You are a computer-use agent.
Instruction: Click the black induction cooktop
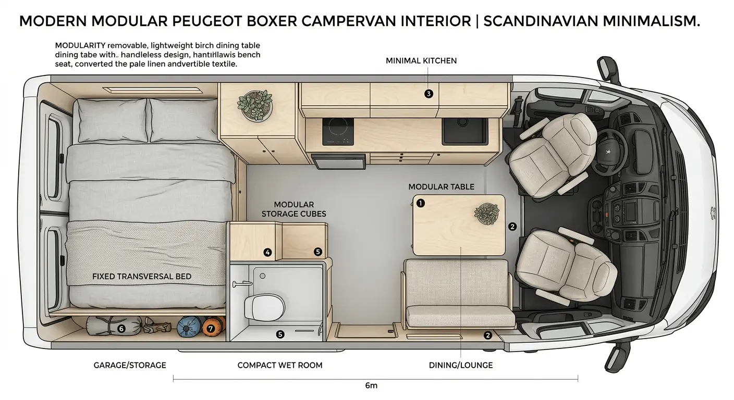338,132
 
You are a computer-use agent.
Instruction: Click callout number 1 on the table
421,204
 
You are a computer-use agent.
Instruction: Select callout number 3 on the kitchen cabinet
429,94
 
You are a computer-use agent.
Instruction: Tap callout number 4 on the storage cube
267,253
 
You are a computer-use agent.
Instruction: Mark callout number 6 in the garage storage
121,329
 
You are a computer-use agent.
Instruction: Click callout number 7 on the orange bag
211,329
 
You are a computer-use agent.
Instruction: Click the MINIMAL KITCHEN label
421,61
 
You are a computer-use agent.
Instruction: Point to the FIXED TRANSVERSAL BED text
141,276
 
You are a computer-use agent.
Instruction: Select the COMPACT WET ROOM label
279,365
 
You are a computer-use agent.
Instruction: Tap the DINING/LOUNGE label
460,365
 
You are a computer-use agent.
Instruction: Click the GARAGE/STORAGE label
130,365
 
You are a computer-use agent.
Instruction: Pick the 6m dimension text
371,386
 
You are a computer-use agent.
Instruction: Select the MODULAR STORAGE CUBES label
293,209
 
